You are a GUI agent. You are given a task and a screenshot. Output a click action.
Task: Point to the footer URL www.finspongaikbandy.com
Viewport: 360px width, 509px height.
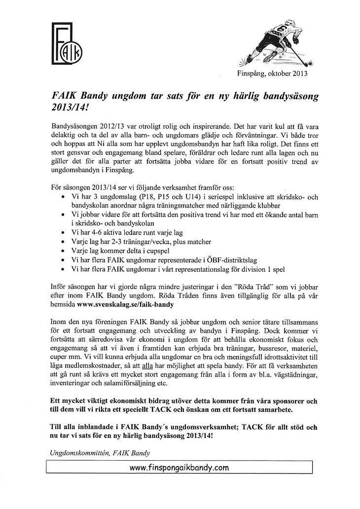(179, 467)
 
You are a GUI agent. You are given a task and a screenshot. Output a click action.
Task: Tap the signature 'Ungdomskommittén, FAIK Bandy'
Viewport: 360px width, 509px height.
(100, 452)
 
